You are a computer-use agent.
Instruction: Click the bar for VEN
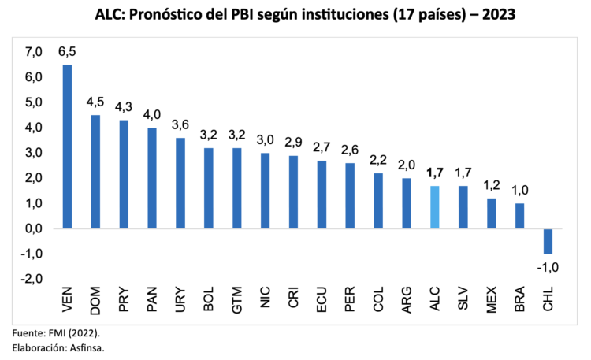67,147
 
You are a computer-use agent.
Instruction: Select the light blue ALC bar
434,207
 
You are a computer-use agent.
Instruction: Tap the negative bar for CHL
548,241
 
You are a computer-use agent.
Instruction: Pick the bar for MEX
491,213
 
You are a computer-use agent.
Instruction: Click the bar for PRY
124,174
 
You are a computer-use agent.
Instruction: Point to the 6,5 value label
67,51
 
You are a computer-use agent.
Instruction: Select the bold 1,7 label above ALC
434,173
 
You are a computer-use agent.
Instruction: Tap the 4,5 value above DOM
95,102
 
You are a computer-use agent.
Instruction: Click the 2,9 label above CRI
293,143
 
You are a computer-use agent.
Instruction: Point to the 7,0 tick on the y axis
33,52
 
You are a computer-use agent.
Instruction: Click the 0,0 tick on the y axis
33,228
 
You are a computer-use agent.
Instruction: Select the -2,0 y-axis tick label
32,279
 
